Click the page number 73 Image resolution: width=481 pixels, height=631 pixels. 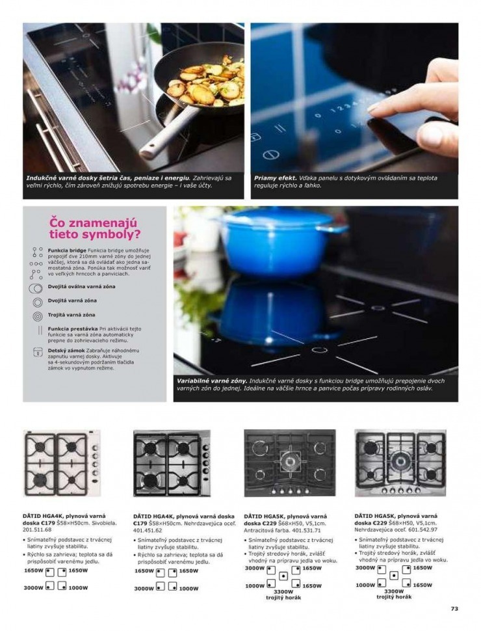point(454,609)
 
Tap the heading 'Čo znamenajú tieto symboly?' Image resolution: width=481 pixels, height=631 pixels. point(95,228)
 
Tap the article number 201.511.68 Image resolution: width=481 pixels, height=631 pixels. point(36,529)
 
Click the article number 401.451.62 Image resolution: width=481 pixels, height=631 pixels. point(148,530)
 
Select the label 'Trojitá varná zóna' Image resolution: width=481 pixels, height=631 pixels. point(71,315)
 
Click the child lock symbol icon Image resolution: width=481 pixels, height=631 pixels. point(37,351)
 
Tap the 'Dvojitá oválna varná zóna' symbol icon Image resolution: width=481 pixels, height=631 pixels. point(37,287)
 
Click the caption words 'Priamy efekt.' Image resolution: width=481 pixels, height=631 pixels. point(275,177)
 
